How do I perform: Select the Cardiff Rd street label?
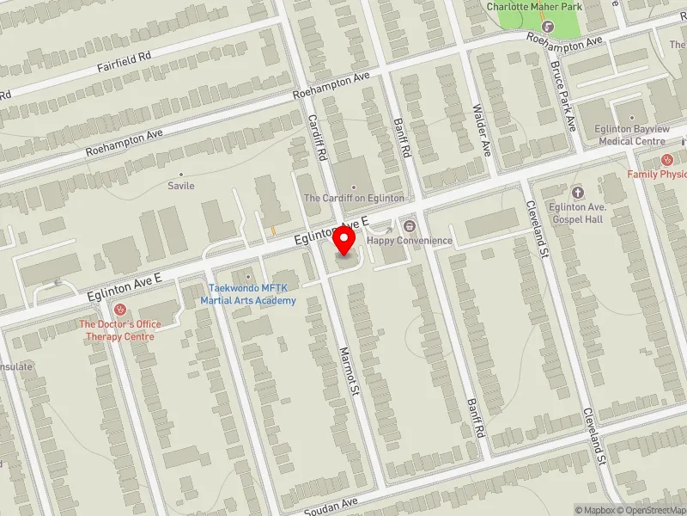point(319,138)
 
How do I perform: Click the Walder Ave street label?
point(482,130)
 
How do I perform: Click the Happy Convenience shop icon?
point(409,227)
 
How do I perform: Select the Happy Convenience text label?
point(409,241)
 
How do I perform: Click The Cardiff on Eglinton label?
point(354,198)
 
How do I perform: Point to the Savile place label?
point(181,186)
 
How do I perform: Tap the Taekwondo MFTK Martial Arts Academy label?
point(248,294)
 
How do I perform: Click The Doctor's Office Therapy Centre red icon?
point(120,310)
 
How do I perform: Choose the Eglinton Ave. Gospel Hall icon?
point(577,192)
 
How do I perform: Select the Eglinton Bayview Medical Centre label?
point(631,135)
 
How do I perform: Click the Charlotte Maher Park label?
point(534,7)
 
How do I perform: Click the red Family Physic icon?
point(666,160)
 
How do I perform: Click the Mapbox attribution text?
point(595,510)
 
